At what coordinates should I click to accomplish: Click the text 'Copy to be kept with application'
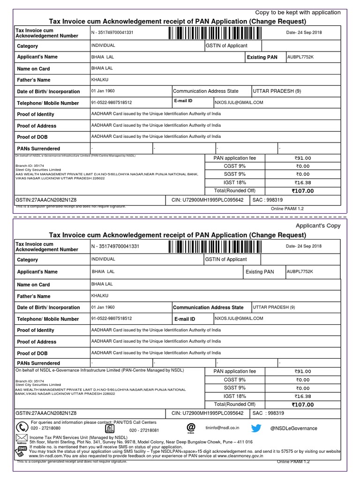(x=298, y=12)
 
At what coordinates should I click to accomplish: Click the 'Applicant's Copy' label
(x=317, y=225)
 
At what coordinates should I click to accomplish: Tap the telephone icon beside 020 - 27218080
(x=22, y=427)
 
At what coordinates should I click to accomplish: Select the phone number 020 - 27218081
(x=144, y=430)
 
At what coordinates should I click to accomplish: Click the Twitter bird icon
(x=256, y=427)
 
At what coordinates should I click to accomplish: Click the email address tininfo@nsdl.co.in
(x=223, y=427)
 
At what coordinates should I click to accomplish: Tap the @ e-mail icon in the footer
(x=191, y=427)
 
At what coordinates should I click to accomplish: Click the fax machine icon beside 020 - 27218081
(x=110, y=429)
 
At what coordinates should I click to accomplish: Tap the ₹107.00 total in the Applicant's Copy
(x=302, y=405)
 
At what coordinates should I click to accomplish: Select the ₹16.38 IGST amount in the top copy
(x=302, y=183)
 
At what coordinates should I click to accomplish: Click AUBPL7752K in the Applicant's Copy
(x=300, y=271)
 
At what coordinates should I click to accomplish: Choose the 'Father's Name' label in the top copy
(x=33, y=80)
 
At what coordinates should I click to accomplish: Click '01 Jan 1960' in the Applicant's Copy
(x=103, y=307)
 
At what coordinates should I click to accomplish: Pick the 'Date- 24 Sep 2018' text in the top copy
(x=304, y=32)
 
